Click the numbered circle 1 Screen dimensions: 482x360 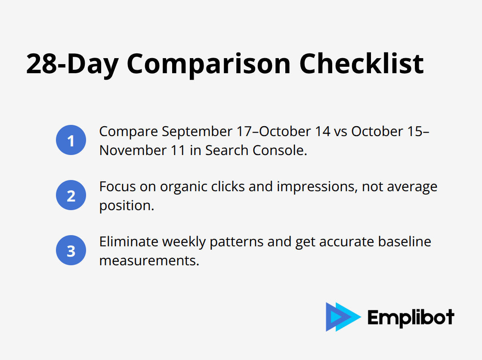coord(71,140)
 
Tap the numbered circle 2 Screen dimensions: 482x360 coord(71,196)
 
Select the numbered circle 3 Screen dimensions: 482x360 coord(71,251)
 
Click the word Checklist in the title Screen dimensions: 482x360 coord(361,64)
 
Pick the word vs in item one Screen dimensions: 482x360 coord(340,131)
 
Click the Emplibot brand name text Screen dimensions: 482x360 coord(411,317)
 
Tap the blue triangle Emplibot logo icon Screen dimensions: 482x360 coord(343,317)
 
